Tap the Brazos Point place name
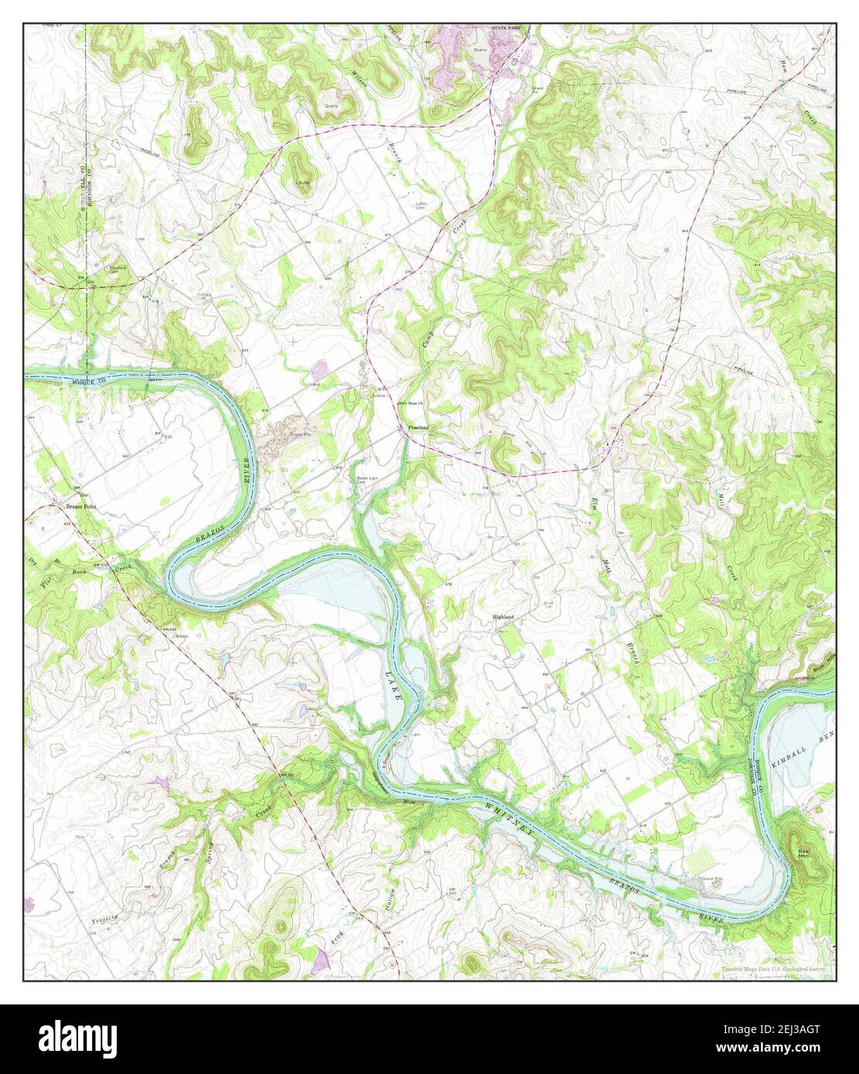pyautogui.click(x=80, y=505)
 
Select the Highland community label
pyautogui.click(x=504, y=617)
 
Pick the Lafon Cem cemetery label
pyautogui.click(x=422, y=206)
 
